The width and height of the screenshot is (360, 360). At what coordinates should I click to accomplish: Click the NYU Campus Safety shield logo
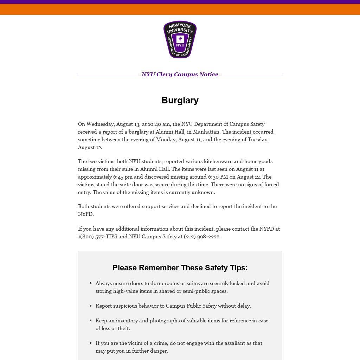(180, 39)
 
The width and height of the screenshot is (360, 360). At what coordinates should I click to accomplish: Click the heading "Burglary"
(180, 100)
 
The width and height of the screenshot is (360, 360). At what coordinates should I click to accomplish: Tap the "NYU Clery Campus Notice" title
(180, 74)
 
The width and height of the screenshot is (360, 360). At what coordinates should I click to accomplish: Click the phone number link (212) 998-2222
(201, 237)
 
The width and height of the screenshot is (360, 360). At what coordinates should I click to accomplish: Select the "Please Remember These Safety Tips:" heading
(180, 268)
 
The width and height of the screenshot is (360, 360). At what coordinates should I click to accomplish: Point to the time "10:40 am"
(159, 124)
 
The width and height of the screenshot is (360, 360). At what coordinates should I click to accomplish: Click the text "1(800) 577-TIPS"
(97, 237)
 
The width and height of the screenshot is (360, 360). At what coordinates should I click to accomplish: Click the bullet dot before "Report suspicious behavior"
(91, 306)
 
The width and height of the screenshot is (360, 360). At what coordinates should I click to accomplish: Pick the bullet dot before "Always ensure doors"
(91, 283)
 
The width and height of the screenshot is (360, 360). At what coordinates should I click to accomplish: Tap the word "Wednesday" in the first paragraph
(101, 124)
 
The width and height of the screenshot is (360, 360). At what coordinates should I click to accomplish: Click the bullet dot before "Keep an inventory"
(91, 321)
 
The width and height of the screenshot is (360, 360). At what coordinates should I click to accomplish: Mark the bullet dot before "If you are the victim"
(91, 343)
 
